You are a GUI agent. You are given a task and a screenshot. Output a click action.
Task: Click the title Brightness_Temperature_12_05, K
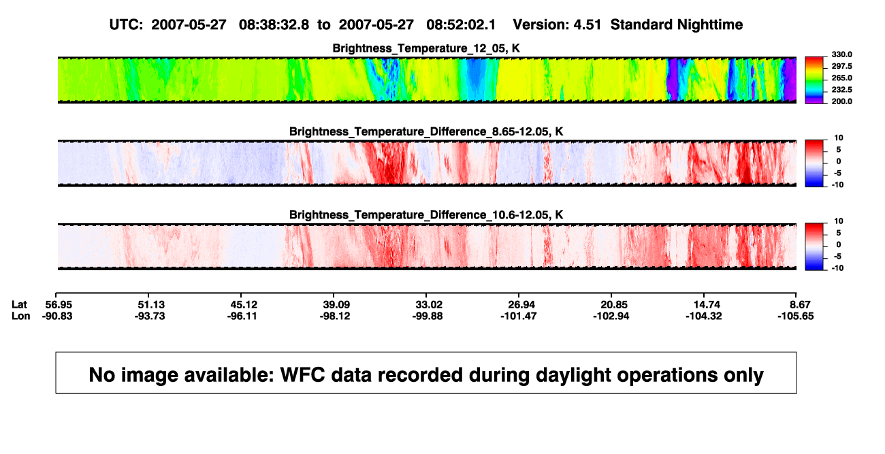coord(426,48)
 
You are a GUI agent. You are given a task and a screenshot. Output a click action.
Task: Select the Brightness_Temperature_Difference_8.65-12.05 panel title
coord(426,131)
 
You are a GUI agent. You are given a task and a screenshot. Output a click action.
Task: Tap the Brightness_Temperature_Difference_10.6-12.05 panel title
coord(426,215)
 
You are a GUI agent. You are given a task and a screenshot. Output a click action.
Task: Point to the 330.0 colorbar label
coord(841,54)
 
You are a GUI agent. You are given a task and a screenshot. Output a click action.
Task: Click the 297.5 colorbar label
coord(841,66)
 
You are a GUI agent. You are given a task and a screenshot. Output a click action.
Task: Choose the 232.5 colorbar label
coord(841,90)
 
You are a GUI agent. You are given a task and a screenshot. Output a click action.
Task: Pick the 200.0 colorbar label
coord(841,101)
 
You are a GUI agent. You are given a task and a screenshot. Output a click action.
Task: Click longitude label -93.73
coord(150,316)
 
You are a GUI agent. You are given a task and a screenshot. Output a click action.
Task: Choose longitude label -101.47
coord(518,316)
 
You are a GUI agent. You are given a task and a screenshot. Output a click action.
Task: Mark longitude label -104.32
coord(704,316)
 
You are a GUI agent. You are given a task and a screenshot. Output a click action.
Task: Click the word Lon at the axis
coord(21,316)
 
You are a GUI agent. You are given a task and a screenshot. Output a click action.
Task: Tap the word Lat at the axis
coord(19,305)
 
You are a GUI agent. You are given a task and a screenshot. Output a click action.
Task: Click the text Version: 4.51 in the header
coord(557,25)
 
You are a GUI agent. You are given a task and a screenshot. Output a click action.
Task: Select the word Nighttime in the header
coord(709,25)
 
